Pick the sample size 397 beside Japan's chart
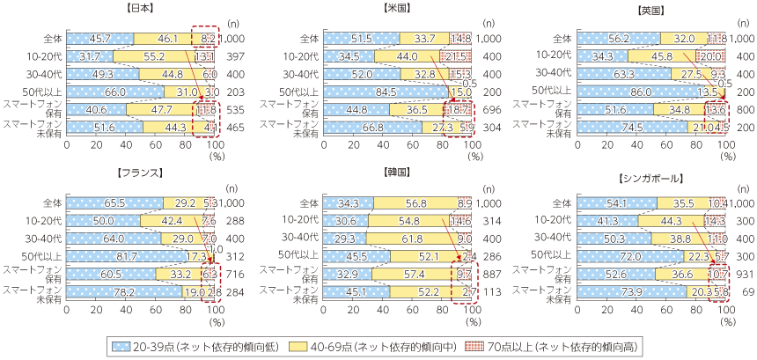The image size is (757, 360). pos(235,56)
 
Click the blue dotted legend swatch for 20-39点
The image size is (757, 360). pos(125,344)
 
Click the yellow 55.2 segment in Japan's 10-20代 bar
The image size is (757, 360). pos(154,56)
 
